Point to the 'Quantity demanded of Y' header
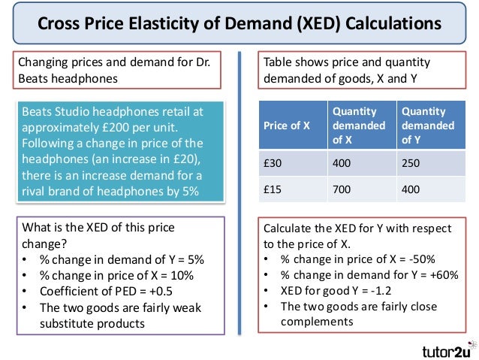424,125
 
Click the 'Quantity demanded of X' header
358,125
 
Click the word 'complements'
316,322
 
